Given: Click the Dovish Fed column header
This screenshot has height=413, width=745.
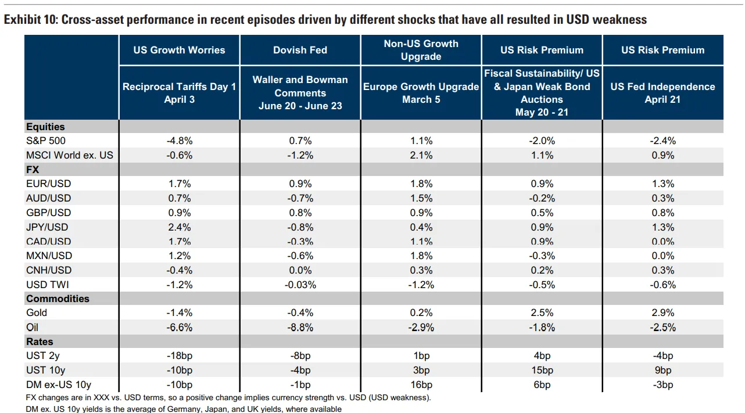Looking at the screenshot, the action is click(300, 50).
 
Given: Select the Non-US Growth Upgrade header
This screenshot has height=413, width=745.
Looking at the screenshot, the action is click(421, 50).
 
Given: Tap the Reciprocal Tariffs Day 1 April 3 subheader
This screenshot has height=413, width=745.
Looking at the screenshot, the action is click(179, 93).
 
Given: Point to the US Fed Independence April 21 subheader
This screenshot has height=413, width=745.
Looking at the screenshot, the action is click(662, 93).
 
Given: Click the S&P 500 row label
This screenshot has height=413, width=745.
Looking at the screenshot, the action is click(46, 141).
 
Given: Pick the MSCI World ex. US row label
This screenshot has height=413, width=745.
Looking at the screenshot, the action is click(70, 155).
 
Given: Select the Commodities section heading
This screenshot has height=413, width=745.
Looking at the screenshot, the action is click(58, 299).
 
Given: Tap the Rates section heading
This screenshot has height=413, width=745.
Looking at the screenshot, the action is click(40, 342).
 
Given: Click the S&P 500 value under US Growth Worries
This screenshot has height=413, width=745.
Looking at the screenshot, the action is click(180, 141).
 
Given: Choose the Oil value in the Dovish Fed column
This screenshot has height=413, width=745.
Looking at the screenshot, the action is click(300, 328).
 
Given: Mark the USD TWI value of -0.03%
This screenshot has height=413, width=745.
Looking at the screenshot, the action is click(300, 285).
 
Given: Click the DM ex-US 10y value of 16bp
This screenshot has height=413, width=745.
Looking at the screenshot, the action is click(421, 385).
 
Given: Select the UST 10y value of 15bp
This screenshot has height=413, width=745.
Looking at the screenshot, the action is click(542, 370).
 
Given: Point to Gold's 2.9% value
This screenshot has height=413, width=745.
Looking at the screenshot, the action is click(663, 313).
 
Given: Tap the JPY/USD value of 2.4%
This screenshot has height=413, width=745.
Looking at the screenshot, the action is click(180, 227).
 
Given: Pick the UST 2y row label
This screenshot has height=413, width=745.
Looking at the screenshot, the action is click(43, 356).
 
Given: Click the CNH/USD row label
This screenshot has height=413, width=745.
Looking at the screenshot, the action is click(49, 270).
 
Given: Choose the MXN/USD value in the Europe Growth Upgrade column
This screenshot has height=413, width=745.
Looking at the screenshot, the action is click(421, 256).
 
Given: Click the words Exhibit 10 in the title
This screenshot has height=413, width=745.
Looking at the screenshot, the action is click(31, 20).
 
